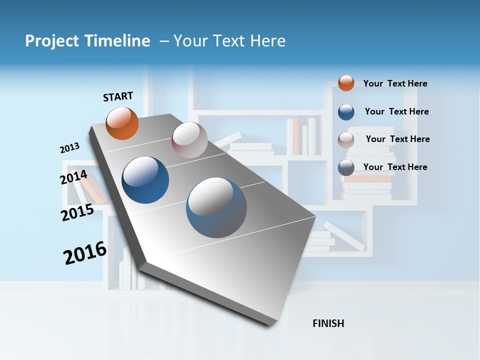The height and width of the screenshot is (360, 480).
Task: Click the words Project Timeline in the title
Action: point(87,41)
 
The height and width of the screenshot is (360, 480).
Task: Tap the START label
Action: point(118,96)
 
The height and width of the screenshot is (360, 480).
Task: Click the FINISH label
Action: point(328,323)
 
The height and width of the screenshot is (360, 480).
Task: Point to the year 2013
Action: point(69,148)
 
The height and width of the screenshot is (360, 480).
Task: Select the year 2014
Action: point(73,177)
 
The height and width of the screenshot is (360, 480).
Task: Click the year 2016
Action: point(85,253)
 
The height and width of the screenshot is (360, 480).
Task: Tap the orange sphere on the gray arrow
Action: point(122,123)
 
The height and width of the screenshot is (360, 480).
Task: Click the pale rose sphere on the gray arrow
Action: point(189,140)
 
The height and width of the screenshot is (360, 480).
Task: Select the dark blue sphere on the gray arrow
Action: point(145,180)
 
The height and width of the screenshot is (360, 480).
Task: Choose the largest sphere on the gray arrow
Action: point(216,207)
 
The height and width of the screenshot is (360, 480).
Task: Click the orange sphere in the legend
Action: point(346,83)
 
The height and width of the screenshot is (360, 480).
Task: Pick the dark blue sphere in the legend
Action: point(346,112)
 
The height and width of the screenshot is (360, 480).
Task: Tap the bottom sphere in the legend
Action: point(346,167)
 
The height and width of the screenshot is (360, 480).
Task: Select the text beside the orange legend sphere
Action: point(395,83)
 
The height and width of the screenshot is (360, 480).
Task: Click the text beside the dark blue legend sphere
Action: point(396,111)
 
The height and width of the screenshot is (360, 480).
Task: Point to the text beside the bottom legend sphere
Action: point(395,167)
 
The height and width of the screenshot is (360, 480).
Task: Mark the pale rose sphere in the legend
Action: point(346,139)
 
